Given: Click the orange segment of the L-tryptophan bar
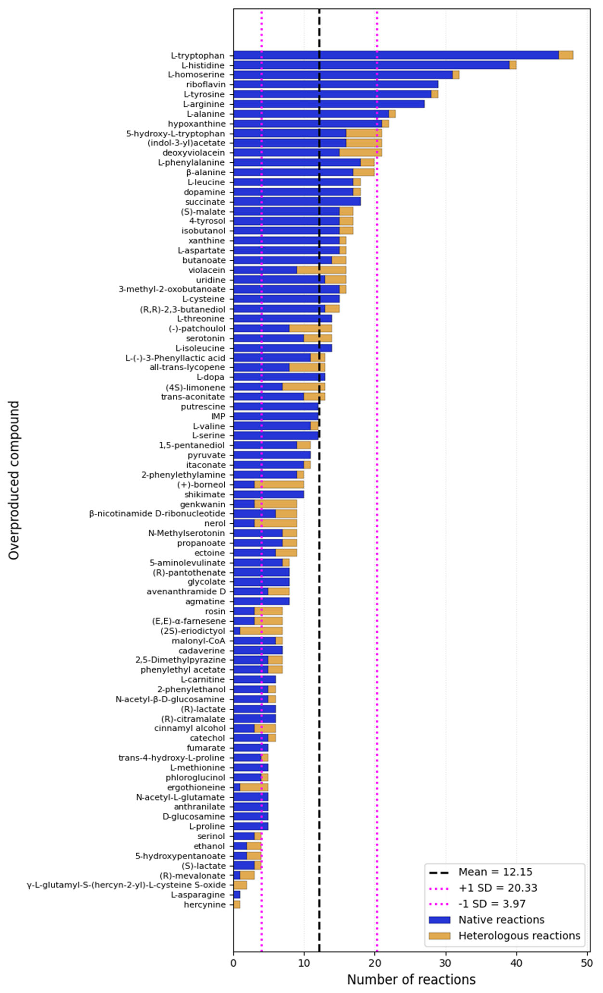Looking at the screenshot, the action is tap(566, 55).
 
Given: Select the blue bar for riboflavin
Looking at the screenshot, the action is tap(336, 84).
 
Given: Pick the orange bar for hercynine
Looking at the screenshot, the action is tap(237, 905).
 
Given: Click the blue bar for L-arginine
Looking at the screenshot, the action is tap(329, 104).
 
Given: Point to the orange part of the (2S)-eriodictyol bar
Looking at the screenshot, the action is tap(261, 631).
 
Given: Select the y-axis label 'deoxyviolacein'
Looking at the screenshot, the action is tap(194, 153).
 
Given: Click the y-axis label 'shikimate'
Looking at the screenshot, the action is tap(205, 494).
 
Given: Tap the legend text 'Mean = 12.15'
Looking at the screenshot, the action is tap(495, 872).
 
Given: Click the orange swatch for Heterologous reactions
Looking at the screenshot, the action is tap(439, 935).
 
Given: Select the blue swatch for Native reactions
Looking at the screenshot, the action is tap(439, 920).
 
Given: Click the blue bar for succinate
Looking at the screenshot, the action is tap(297, 201).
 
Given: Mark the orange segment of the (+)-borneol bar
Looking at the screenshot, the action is tap(279, 484).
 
